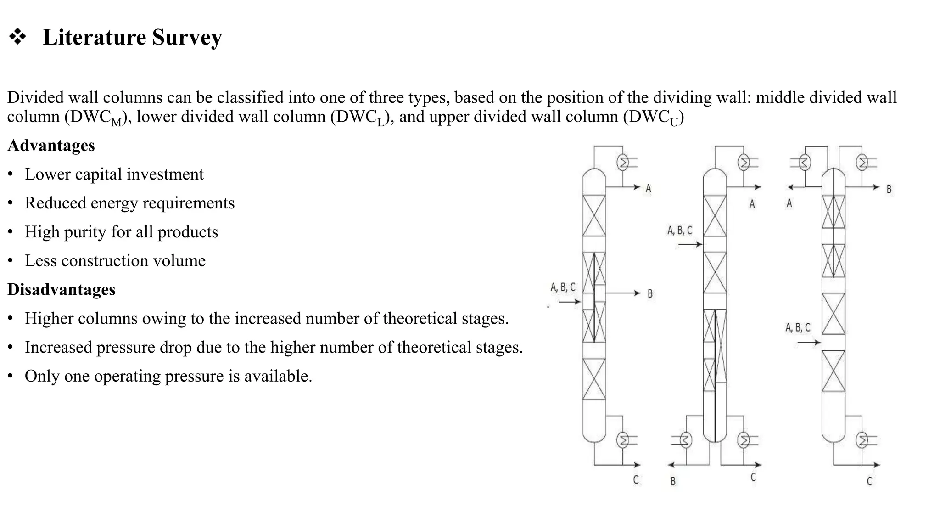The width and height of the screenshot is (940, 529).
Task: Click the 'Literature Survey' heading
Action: [132, 37]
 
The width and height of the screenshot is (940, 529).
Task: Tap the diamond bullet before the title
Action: [17, 37]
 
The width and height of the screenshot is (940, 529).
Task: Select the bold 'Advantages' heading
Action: [51, 146]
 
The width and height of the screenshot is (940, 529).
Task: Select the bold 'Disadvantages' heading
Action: [61, 290]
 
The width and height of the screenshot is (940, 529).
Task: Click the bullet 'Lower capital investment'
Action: [114, 174]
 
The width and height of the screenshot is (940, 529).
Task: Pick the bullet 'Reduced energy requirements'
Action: [129, 203]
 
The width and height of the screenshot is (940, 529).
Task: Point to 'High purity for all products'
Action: [121, 232]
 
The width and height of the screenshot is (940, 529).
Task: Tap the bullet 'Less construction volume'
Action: [115, 261]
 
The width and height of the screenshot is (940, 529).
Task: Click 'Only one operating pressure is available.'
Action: [168, 376]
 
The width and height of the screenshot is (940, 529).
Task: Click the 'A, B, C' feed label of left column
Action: [563, 287]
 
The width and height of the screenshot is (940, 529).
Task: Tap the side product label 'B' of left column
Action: [650, 294]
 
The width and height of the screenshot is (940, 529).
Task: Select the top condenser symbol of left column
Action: [623, 163]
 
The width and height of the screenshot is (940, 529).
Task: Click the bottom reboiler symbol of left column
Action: [623, 440]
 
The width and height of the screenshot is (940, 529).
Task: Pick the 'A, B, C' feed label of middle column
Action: [680, 230]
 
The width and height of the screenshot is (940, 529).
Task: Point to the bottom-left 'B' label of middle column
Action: [673, 481]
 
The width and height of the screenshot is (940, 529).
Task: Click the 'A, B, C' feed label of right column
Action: [798, 328]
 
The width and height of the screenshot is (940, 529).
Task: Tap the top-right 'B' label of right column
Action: [889, 189]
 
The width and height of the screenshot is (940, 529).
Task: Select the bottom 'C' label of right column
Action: [869, 481]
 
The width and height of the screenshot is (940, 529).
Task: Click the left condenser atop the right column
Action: [805, 163]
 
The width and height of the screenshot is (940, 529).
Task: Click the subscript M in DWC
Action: [117, 123]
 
